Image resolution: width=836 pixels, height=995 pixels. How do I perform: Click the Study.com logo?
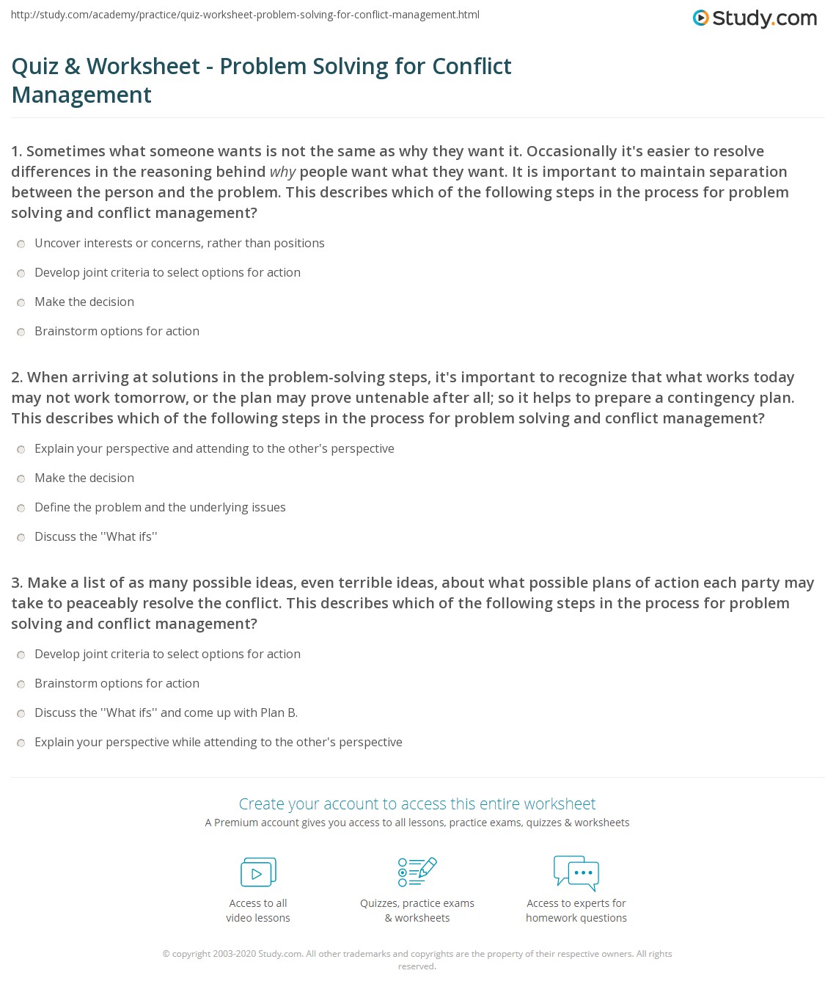coord(755,18)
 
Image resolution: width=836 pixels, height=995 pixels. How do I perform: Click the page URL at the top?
coord(245,15)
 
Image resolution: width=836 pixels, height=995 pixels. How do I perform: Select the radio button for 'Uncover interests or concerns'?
coord(21,244)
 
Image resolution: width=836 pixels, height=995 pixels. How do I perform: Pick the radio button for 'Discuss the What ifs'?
coord(21,537)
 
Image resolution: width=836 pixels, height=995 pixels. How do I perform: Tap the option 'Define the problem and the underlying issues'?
coord(160,507)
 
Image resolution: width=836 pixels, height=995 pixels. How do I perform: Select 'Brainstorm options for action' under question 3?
coord(117,683)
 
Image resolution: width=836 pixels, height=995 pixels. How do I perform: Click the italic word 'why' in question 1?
coord(282,172)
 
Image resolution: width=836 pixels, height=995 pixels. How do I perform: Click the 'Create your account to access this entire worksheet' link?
coord(417,803)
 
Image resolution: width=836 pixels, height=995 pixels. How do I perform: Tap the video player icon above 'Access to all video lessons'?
coord(258,872)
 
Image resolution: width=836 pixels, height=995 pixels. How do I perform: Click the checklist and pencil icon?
coord(417,872)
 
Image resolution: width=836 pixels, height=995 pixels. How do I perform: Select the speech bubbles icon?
coord(576,872)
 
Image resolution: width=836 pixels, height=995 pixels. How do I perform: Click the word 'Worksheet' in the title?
coord(143,66)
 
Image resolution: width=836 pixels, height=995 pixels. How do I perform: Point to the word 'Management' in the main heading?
coord(81,95)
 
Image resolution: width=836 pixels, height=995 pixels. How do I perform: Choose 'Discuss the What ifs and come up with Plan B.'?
coord(166,712)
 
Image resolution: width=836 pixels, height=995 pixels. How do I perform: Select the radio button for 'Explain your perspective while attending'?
coord(21,743)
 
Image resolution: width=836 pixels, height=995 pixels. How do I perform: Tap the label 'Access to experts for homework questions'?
coord(576,911)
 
